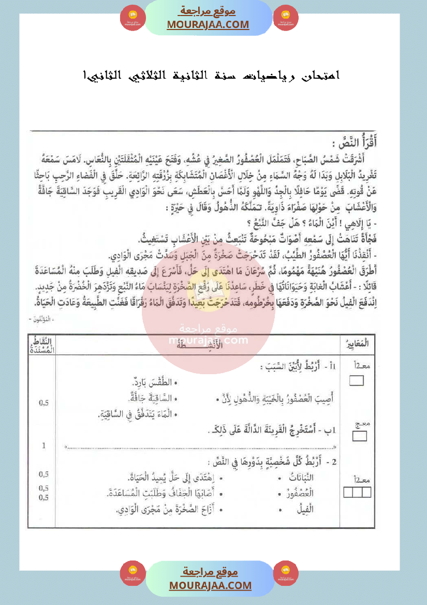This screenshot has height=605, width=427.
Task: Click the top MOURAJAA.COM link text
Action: pos(208,24)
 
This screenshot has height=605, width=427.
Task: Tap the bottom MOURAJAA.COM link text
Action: pos(210,585)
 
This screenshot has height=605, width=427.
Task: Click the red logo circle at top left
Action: pos(132,18)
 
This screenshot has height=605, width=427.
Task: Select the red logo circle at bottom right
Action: pos(286,573)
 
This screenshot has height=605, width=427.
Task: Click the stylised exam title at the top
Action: pos(212,76)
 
